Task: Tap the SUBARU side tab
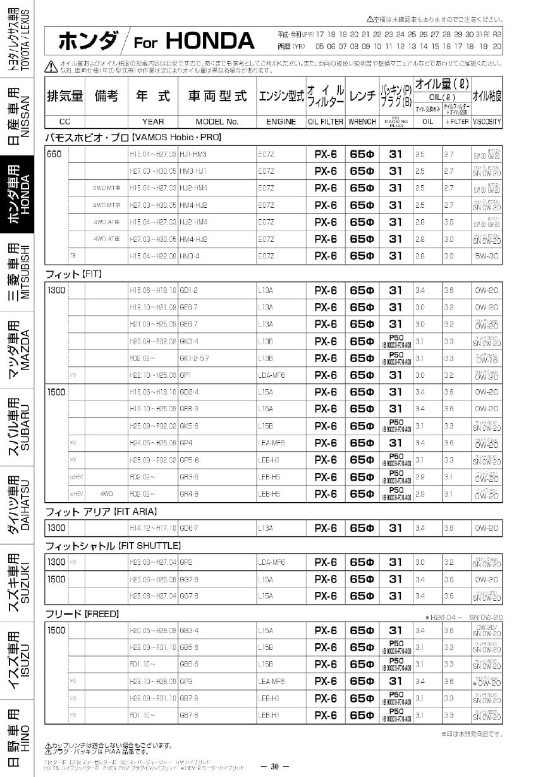[17, 430]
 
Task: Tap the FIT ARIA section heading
[101, 511]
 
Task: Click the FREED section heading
[82, 613]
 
